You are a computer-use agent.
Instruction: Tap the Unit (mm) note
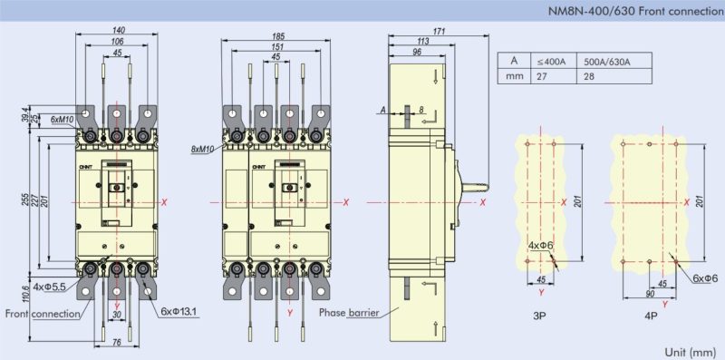click(x=689, y=351)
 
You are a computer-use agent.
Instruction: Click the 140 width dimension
click(x=118, y=31)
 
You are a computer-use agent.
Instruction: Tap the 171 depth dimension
click(x=439, y=32)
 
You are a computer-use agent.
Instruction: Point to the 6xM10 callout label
click(x=62, y=120)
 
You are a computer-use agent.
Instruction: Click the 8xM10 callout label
click(x=203, y=148)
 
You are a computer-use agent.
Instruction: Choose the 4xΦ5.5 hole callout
click(x=50, y=287)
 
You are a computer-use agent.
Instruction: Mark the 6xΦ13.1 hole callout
click(x=179, y=312)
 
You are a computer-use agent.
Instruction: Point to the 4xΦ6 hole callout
click(x=541, y=246)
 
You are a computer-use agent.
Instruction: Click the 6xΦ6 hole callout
click(x=704, y=279)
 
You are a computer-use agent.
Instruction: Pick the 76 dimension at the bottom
click(x=117, y=342)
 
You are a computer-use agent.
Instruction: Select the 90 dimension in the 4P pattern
click(x=650, y=294)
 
